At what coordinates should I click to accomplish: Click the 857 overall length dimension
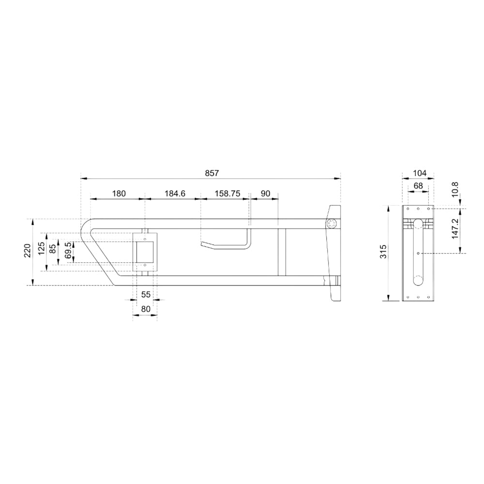(x=212, y=173)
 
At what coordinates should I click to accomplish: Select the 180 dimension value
(x=119, y=194)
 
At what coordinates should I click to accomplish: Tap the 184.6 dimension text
(x=175, y=194)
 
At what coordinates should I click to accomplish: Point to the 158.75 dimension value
(x=227, y=194)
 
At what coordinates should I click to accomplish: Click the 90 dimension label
(x=265, y=194)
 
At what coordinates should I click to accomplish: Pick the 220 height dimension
(x=28, y=250)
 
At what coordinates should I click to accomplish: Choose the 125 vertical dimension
(x=42, y=248)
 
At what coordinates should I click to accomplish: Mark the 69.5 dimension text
(x=69, y=250)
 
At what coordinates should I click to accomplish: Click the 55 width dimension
(x=146, y=294)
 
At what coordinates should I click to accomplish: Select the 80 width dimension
(x=146, y=309)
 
